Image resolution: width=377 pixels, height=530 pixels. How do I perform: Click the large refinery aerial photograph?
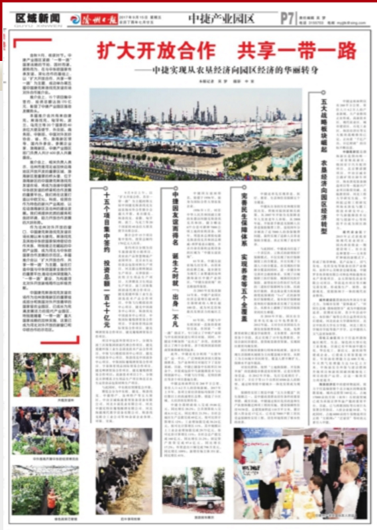point(195,134)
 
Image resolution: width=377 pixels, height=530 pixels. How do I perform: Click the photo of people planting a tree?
point(46,374)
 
